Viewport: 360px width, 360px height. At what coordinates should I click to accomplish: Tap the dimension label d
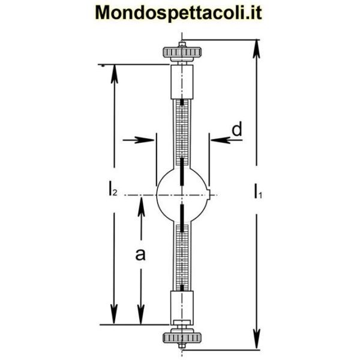[236, 129]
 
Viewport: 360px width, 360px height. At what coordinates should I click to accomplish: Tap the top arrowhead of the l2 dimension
[112, 72]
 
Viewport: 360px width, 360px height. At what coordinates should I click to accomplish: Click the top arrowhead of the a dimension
[141, 203]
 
